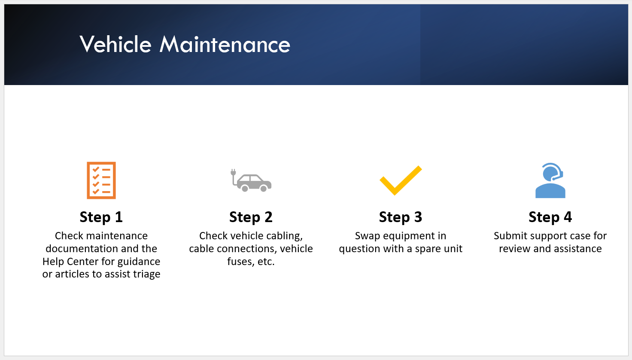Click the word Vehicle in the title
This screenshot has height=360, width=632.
click(x=115, y=44)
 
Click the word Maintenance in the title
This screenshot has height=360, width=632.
click(x=225, y=44)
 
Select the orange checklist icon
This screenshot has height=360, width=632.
click(x=101, y=180)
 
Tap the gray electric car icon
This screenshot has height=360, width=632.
click(x=251, y=180)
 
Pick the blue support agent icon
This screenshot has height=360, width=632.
click(x=550, y=180)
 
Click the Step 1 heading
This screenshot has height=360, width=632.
click(x=101, y=217)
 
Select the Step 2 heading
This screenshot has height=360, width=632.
click(x=251, y=217)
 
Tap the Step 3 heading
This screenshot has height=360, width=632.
click(x=401, y=217)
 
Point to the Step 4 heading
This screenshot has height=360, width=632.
click(x=550, y=217)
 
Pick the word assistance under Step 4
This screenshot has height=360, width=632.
click(x=574, y=249)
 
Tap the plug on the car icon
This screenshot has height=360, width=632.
click(x=233, y=172)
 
